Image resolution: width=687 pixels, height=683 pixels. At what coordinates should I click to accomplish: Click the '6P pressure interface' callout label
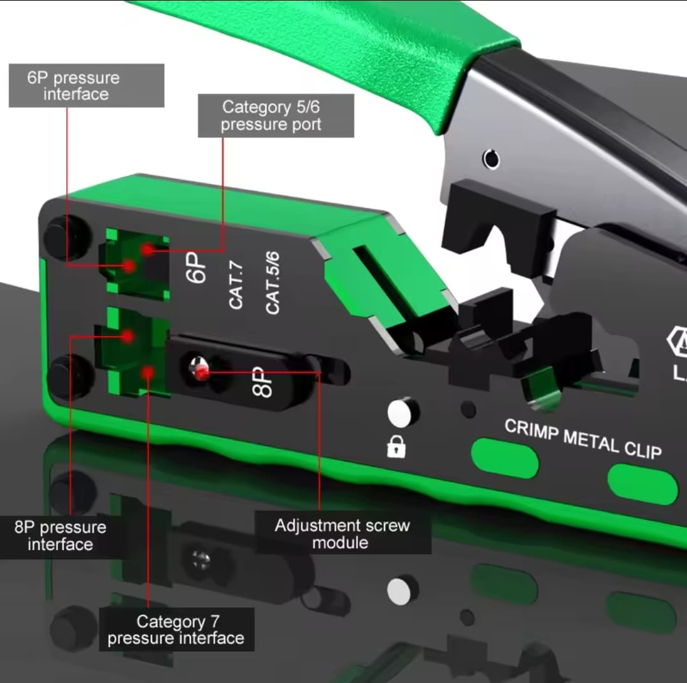pyautogui.click(x=87, y=85)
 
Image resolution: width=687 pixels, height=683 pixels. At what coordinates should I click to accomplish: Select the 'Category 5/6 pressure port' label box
pyautogui.click(x=276, y=116)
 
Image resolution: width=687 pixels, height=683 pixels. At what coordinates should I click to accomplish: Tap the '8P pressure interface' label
pyautogui.click(x=60, y=536)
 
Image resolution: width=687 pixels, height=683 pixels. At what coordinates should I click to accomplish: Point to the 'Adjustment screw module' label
pyautogui.click(x=343, y=533)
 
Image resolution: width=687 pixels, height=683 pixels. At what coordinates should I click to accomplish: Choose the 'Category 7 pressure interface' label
pyautogui.click(x=176, y=630)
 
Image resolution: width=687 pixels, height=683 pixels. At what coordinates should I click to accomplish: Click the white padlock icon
pyautogui.click(x=396, y=447)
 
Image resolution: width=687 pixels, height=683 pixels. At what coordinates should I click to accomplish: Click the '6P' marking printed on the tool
pyautogui.click(x=195, y=268)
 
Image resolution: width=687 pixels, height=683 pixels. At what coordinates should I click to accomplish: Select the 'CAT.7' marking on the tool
pyautogui.click(x=236, y=286)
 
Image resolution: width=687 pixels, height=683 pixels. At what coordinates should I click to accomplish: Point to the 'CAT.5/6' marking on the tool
pyautogui.click(x=273, y=283)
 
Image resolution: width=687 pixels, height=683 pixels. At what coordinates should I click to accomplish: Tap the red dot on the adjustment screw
pyautogui.click(x=202, y=373)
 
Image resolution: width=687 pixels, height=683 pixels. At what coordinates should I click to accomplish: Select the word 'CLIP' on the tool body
pyautogui.click(x=642, y=451)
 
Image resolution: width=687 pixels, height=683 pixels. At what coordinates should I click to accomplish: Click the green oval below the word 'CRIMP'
pyautogui.click(x=505, y=458)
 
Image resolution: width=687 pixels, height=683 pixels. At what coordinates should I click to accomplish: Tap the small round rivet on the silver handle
pyautogui.click(x=491, y=158)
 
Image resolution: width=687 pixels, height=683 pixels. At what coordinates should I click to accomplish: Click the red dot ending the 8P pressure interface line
pyautogui.click(x=127, y=337)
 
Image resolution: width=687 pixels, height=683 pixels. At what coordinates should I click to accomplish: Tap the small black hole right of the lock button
pyautogui.click(x=469, y=409)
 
